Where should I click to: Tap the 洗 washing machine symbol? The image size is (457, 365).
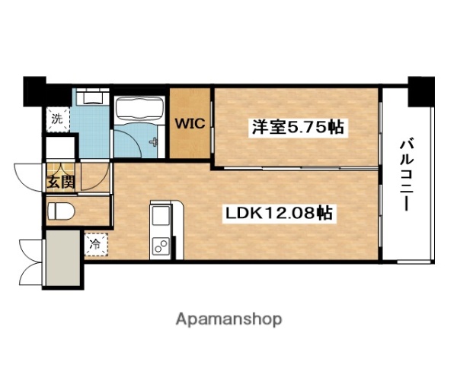[57, 118]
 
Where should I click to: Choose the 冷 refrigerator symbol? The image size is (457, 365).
[96, 244]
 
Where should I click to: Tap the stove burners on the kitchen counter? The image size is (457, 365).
[161, 246]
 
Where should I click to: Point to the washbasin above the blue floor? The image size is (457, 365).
[92, 97]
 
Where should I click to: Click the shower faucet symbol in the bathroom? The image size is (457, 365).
[155, 142]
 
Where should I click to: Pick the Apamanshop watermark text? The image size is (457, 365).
[228, 319]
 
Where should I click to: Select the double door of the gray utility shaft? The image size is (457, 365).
[31, 260]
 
